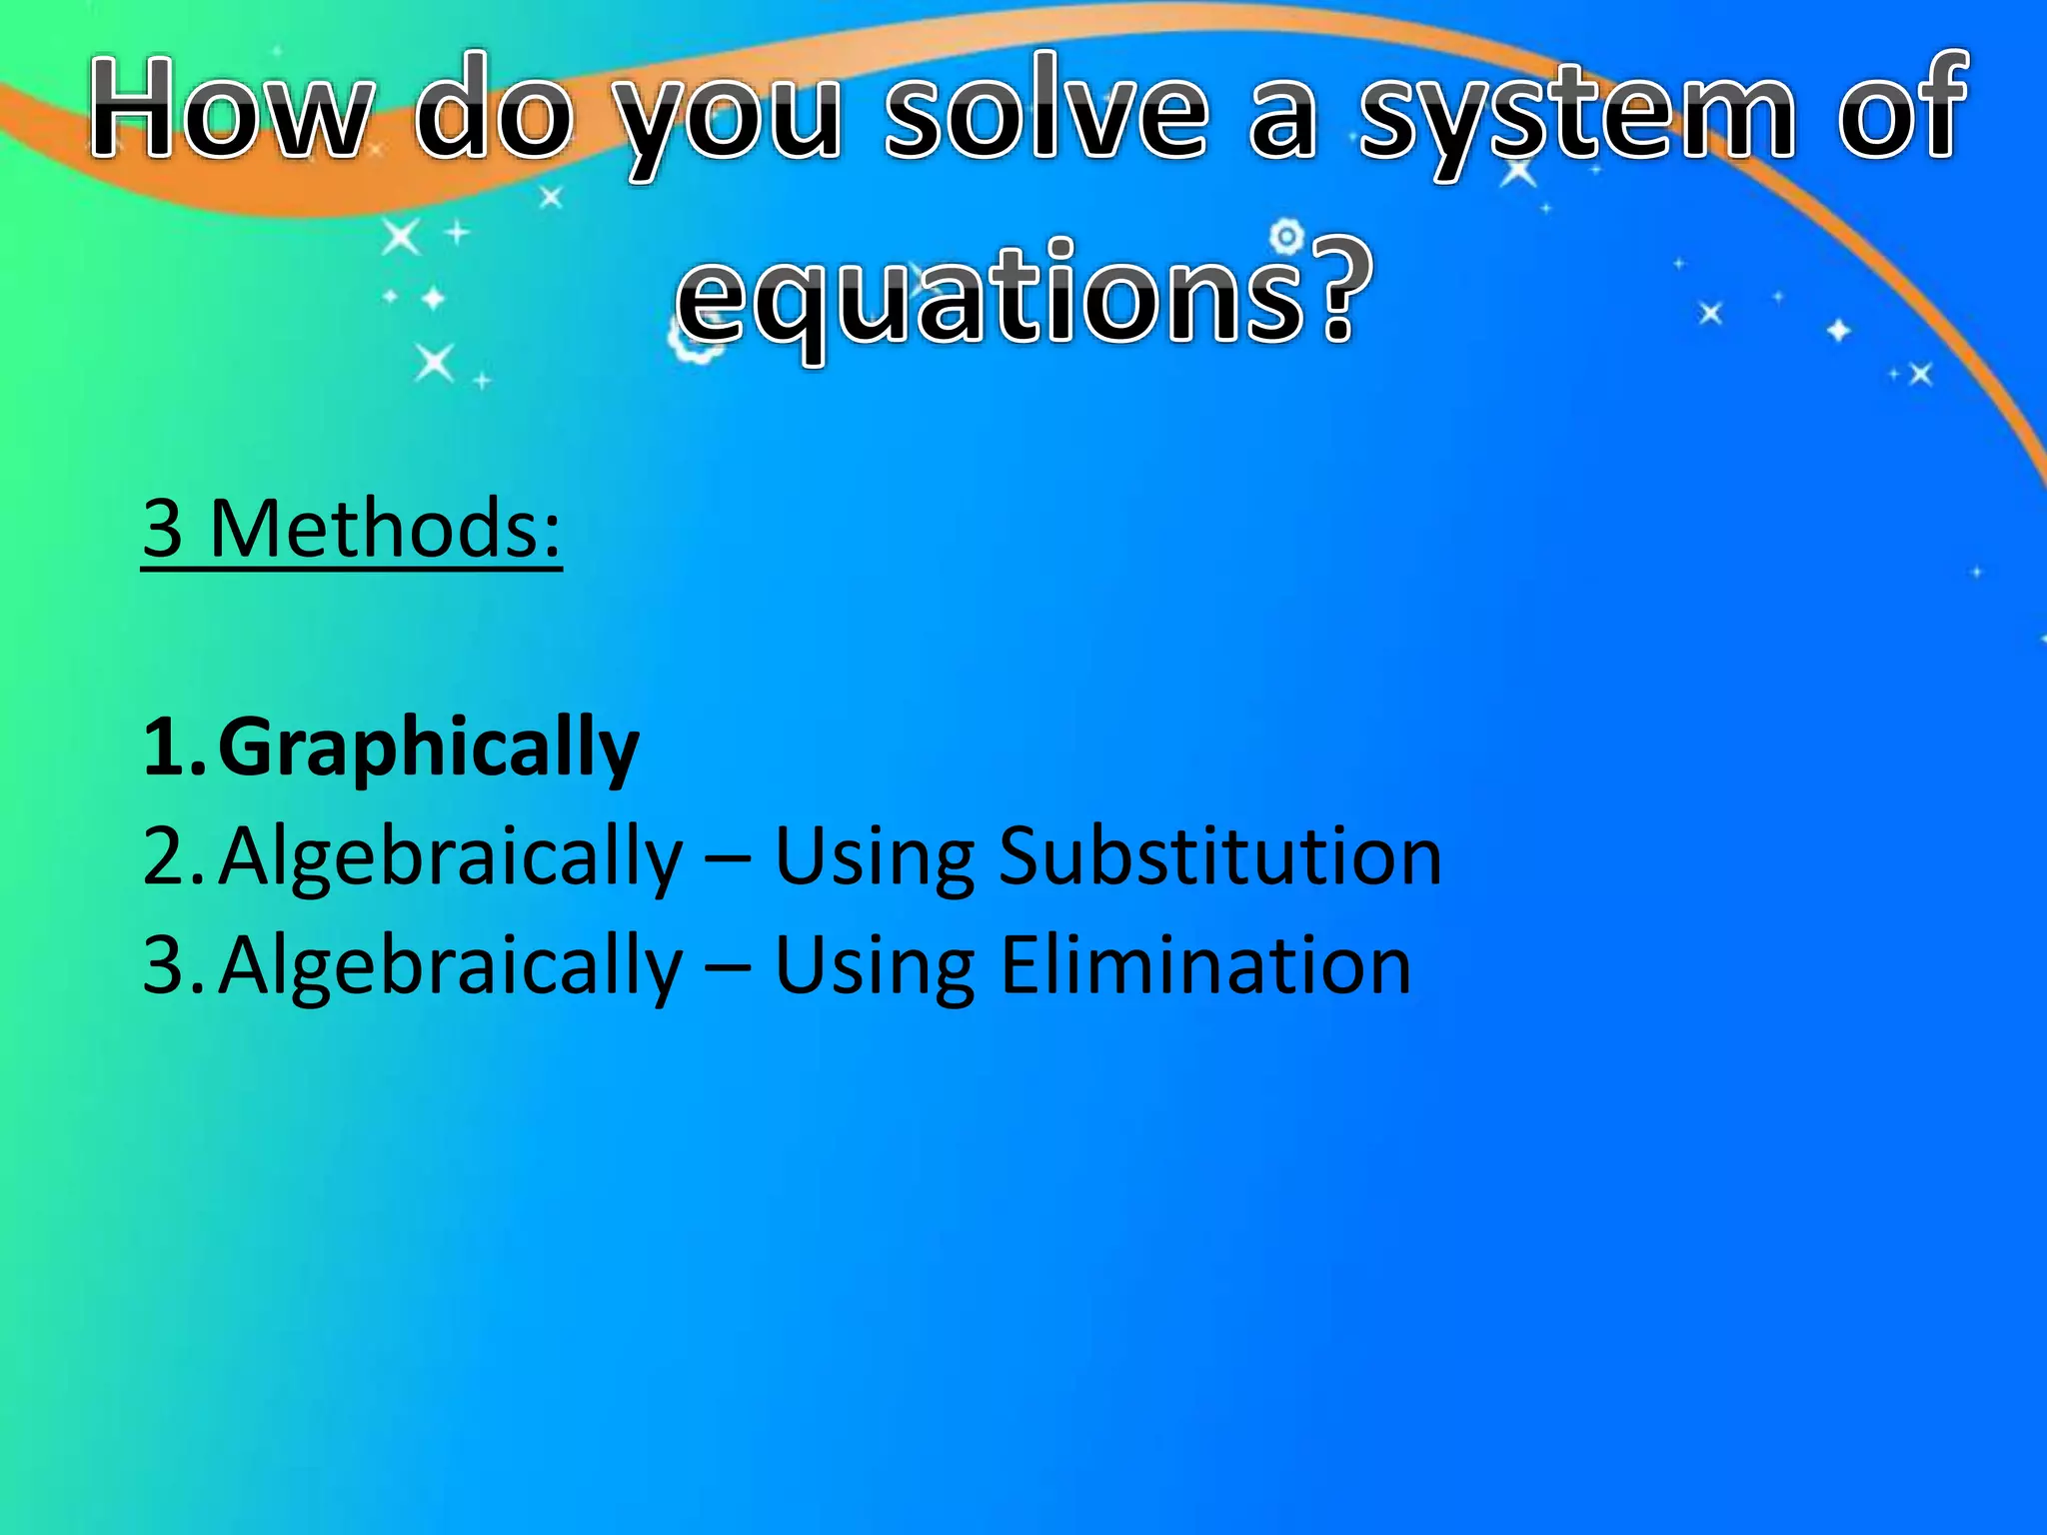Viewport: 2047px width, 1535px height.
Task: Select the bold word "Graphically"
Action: tap(429, 748)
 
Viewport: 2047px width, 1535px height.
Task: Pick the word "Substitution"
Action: tap(1220, 856)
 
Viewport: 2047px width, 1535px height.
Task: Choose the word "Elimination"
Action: tap(1205, 965)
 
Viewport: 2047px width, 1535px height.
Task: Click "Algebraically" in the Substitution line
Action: tap(451, 858)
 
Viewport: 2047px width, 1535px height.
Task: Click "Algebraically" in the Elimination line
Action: tap(451, 967)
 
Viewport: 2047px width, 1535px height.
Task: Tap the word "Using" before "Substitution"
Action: tap(875, 858)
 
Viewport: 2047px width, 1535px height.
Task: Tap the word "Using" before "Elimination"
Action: tap(875, 967)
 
